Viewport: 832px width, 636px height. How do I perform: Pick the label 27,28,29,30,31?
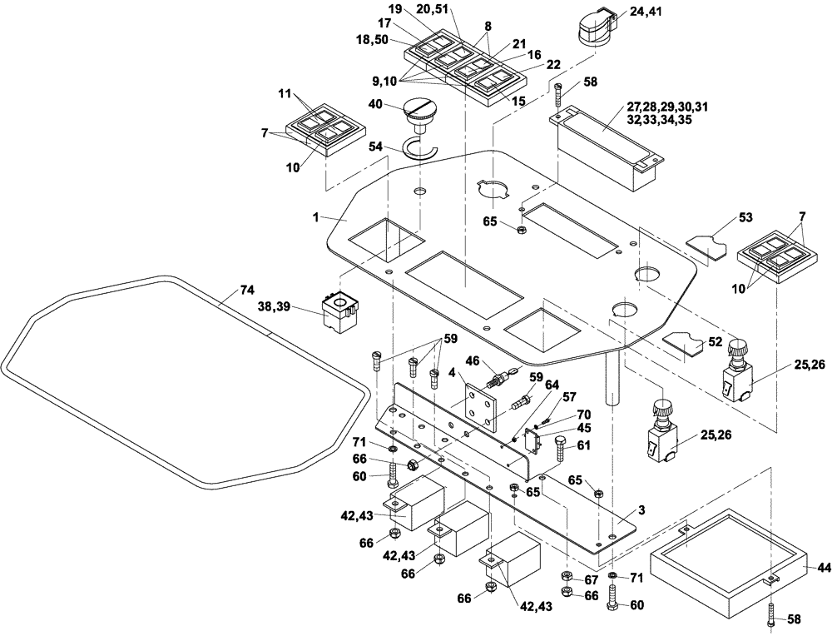667,107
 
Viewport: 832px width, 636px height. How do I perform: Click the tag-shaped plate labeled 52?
685,344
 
